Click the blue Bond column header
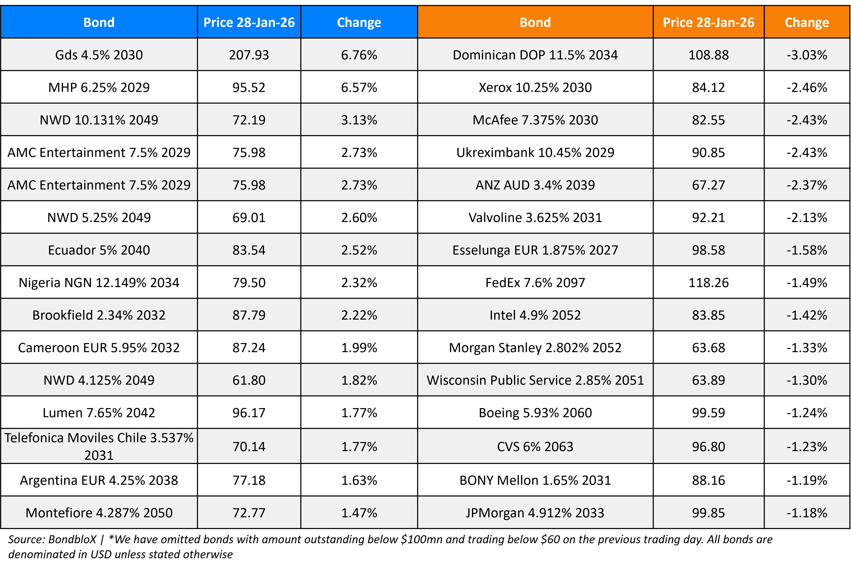click(99, 22)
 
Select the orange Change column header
click(807, 22)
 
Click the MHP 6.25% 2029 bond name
click(99, 87)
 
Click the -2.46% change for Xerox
click(807, 87)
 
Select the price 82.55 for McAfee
click(708, 120)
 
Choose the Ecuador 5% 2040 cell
click(99, 250)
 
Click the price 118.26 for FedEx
click(708, 283)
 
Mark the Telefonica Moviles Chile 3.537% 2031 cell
click(99, 446)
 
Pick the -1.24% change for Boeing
click(807, 413)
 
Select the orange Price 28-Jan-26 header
click(708, 22)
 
